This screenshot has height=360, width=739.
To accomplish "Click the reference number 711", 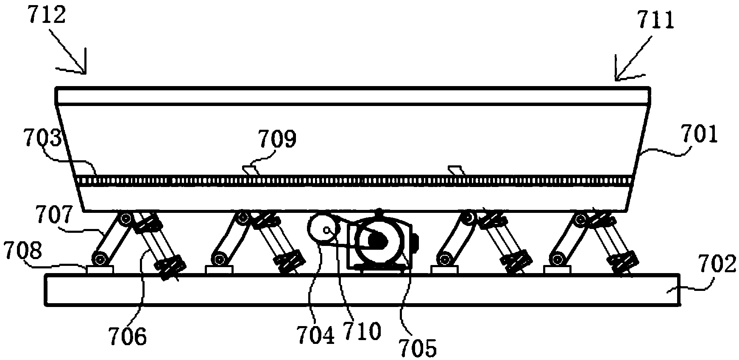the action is click(x=655, y=20).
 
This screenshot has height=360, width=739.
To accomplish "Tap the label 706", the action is click(x=128, y=338).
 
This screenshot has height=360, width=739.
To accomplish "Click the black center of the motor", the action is click(x=376, y=241).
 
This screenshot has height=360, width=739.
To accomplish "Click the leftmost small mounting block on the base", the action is click(x=100, y=269).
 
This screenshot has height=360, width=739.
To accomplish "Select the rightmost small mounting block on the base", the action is click(x=557, y=269).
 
